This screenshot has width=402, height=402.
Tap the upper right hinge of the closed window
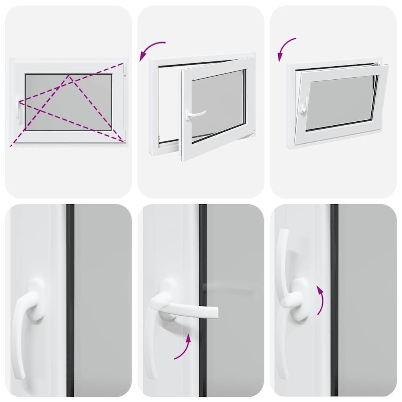point(125,70)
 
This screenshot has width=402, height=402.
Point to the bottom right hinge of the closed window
point(124,135)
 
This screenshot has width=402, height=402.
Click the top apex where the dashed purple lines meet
point(69,76)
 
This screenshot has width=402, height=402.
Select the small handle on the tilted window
point(303,106)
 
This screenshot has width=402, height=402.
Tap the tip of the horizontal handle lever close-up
point(214,312)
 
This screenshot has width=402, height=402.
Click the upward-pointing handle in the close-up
point(283,255)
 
